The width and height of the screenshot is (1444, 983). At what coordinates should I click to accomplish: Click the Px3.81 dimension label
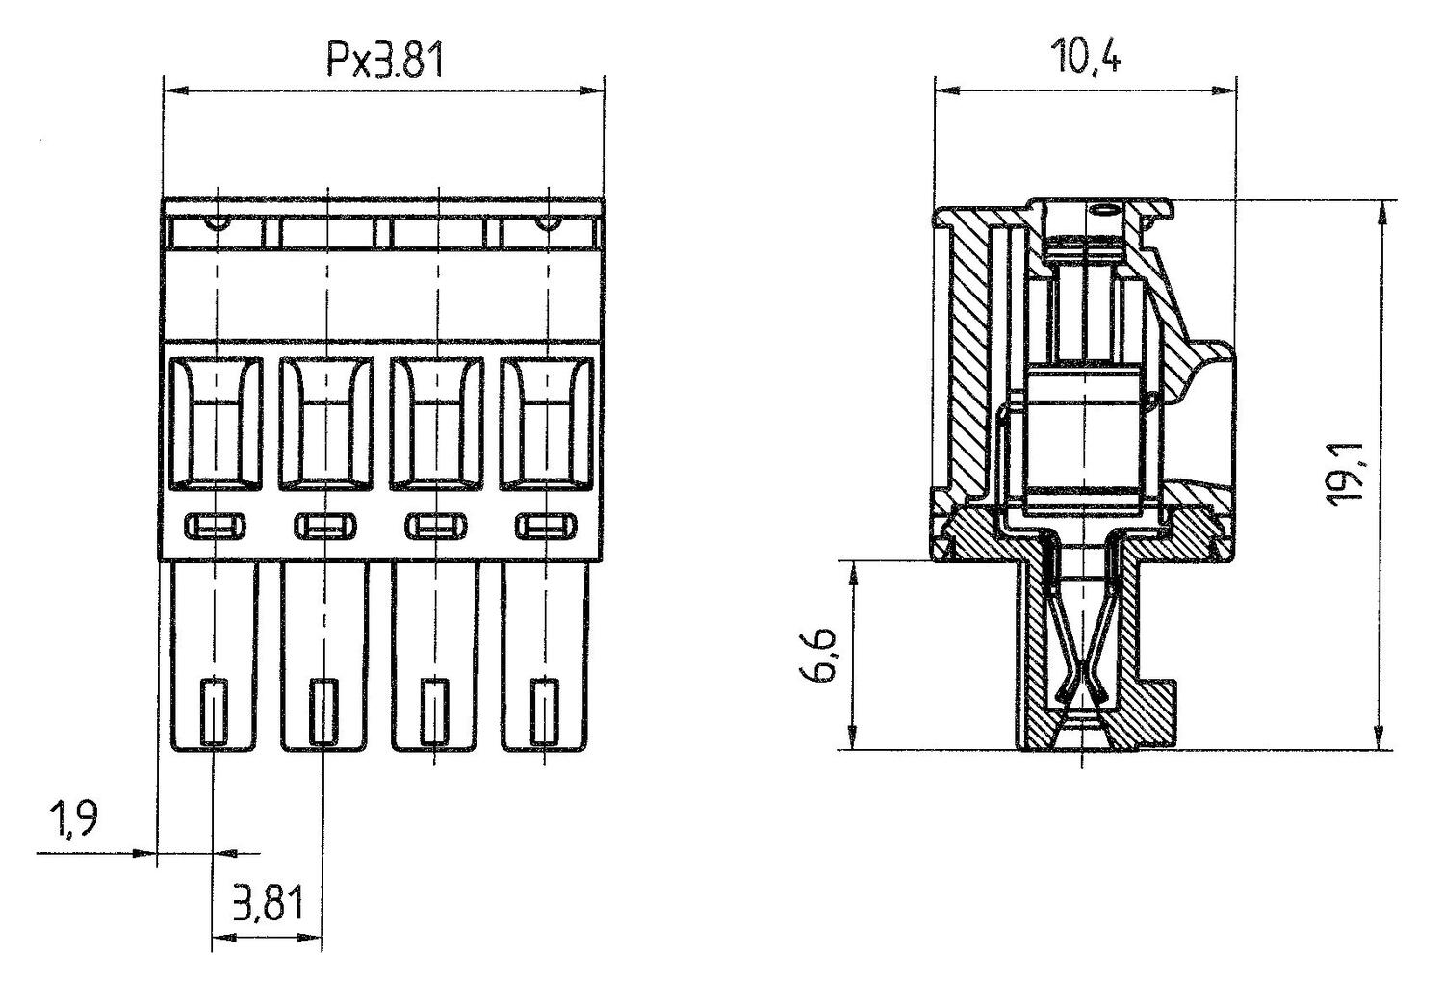[385, 61]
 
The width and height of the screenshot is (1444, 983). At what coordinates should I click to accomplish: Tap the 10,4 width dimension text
[1086, 56]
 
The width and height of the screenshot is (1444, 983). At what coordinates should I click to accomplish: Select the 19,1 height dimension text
[1348, 473]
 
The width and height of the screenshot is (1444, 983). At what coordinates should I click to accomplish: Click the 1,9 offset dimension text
[72, 820]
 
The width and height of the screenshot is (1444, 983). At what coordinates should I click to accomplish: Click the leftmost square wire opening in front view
[216, 424]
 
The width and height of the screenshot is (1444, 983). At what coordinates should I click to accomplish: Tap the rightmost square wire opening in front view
[547, 424]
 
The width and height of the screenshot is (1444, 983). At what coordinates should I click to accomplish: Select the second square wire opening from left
[326, 424]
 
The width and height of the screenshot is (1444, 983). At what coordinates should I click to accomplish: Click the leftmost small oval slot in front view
[216, 526]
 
